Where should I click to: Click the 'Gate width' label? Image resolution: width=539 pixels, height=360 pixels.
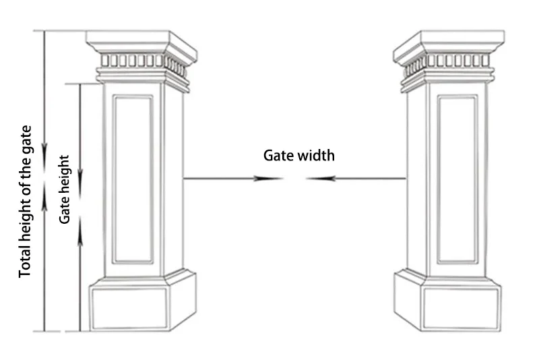tap(298, 156)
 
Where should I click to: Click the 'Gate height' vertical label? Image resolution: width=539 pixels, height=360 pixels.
tap(65, 189)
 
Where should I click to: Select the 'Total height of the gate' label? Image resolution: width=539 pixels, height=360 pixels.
tap(25, 202)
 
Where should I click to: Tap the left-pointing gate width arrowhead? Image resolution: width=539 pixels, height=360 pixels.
tap(317, 179)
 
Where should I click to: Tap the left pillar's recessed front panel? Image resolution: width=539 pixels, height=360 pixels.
tap(133, 179)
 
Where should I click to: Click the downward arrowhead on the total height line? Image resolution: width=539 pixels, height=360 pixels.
tap(45, 154)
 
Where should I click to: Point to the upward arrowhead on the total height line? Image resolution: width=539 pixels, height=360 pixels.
tap(45, 191)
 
